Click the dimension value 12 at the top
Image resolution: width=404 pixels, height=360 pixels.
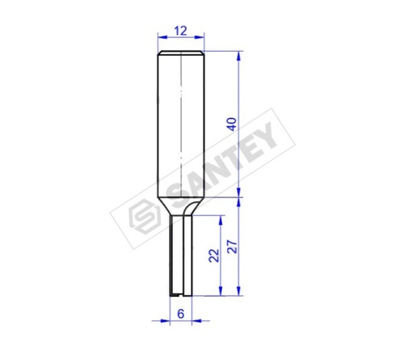pyautogui.click(x=180, y=31)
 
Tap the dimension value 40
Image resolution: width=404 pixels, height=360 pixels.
pyautogui.click(x=232, y=125)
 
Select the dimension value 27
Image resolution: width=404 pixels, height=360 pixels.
pyautogui.click(x=232, y=247)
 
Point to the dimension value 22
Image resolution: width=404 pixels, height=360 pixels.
pyautogui.click(x=214, y=256)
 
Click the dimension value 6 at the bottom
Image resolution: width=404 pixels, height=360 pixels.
pyautogui.click(x=180, y=314)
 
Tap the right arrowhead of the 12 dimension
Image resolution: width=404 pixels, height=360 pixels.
pyautogui.click(x=200, y=37)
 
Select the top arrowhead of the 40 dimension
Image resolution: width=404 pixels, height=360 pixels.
pyautogui.click(x=238, y=56)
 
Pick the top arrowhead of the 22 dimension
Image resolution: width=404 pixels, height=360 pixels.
pyautogui.click(x=221, y=221)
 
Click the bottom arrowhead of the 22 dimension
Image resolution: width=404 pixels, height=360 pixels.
pyautogui.click(x=221, y=290)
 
